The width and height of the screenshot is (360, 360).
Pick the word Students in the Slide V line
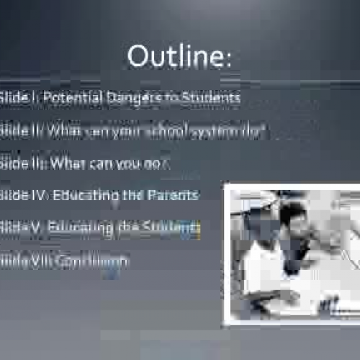[x=170, y=228]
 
